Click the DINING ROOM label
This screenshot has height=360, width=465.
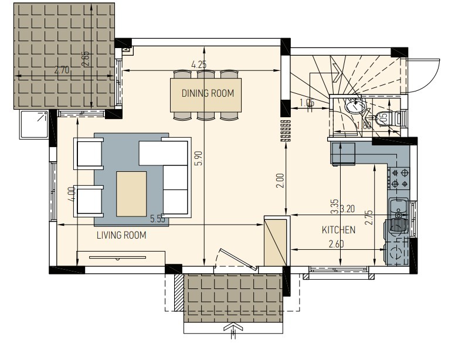207,93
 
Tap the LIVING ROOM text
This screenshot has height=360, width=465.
121,236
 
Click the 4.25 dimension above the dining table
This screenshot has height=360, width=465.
199,64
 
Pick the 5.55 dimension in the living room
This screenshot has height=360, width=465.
158,219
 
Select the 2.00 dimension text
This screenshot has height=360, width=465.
280,180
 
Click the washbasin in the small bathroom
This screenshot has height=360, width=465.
354,107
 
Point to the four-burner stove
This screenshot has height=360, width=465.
400,178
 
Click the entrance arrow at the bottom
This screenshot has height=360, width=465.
232,332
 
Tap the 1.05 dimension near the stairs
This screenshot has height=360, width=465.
306,104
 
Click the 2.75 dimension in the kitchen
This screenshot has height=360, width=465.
369,217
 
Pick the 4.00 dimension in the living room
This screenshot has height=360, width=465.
71,194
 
